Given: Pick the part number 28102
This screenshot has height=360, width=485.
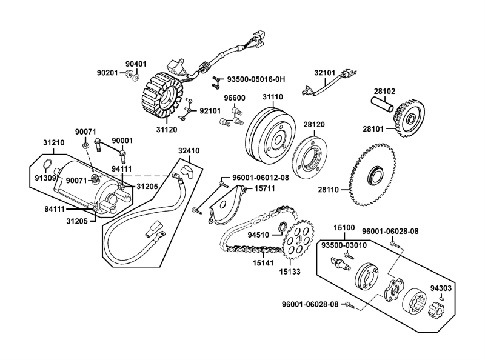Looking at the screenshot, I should [384, 91].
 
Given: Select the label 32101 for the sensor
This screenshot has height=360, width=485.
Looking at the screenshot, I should [325, 73].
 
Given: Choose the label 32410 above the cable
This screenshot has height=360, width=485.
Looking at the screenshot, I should [189, 150].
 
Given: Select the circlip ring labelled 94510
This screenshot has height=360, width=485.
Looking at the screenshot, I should [281, 228].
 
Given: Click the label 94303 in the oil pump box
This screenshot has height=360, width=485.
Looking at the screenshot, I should [441, 288].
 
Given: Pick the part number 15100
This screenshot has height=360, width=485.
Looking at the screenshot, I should [344, 228].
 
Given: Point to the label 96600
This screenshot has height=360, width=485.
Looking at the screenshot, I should [234, 98].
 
